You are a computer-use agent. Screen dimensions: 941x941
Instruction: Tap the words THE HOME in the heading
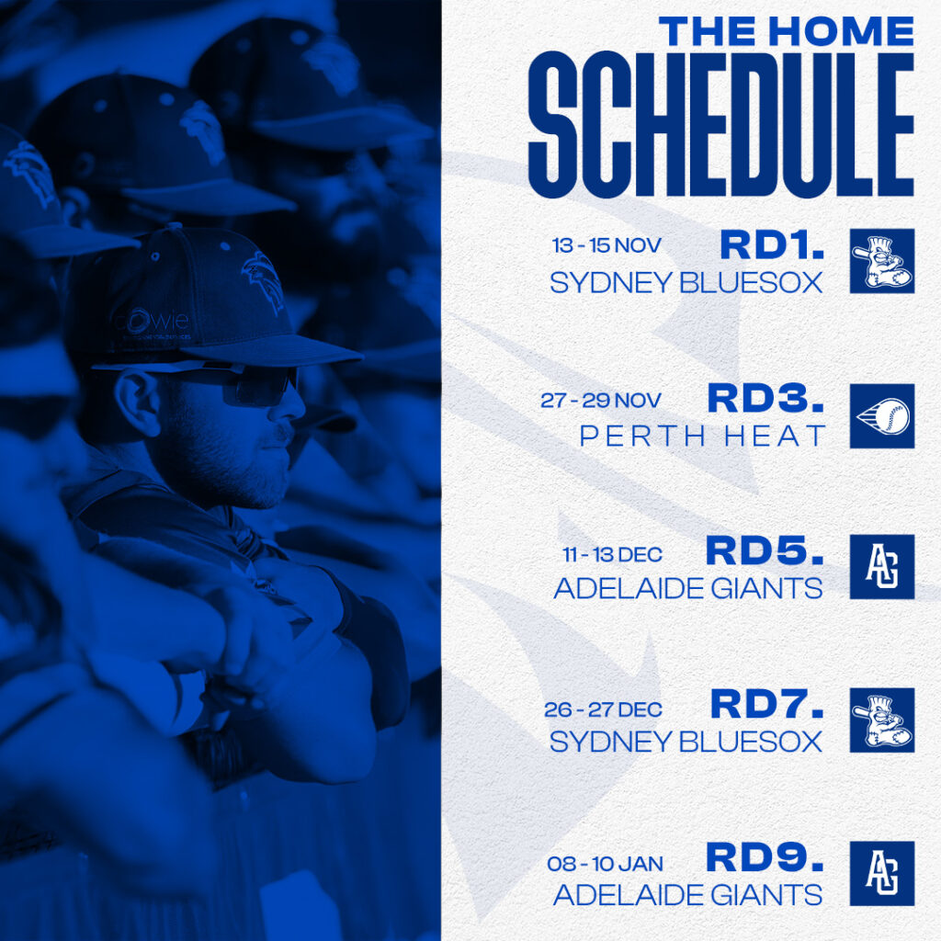click(x=787, y=31)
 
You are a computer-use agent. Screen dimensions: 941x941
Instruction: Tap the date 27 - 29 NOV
click(x=600, y=401)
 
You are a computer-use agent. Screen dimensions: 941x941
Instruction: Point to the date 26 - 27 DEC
click(x=602, y=710)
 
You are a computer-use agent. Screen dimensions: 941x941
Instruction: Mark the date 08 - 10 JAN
click(x=604, y=864)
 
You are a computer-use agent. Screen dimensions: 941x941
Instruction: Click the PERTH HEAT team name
click(x=703, y=436)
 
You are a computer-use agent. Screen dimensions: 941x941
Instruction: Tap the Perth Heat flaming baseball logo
click(x=881, y=415)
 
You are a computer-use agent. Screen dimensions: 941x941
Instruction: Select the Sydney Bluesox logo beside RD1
click(x=881, y=261)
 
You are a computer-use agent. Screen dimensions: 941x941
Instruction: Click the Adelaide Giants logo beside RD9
click(x=881, y=873)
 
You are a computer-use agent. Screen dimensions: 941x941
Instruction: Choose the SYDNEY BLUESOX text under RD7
click(x=686, y=742)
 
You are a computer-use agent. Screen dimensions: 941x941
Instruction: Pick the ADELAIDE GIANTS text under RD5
click(x=687, y=588)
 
